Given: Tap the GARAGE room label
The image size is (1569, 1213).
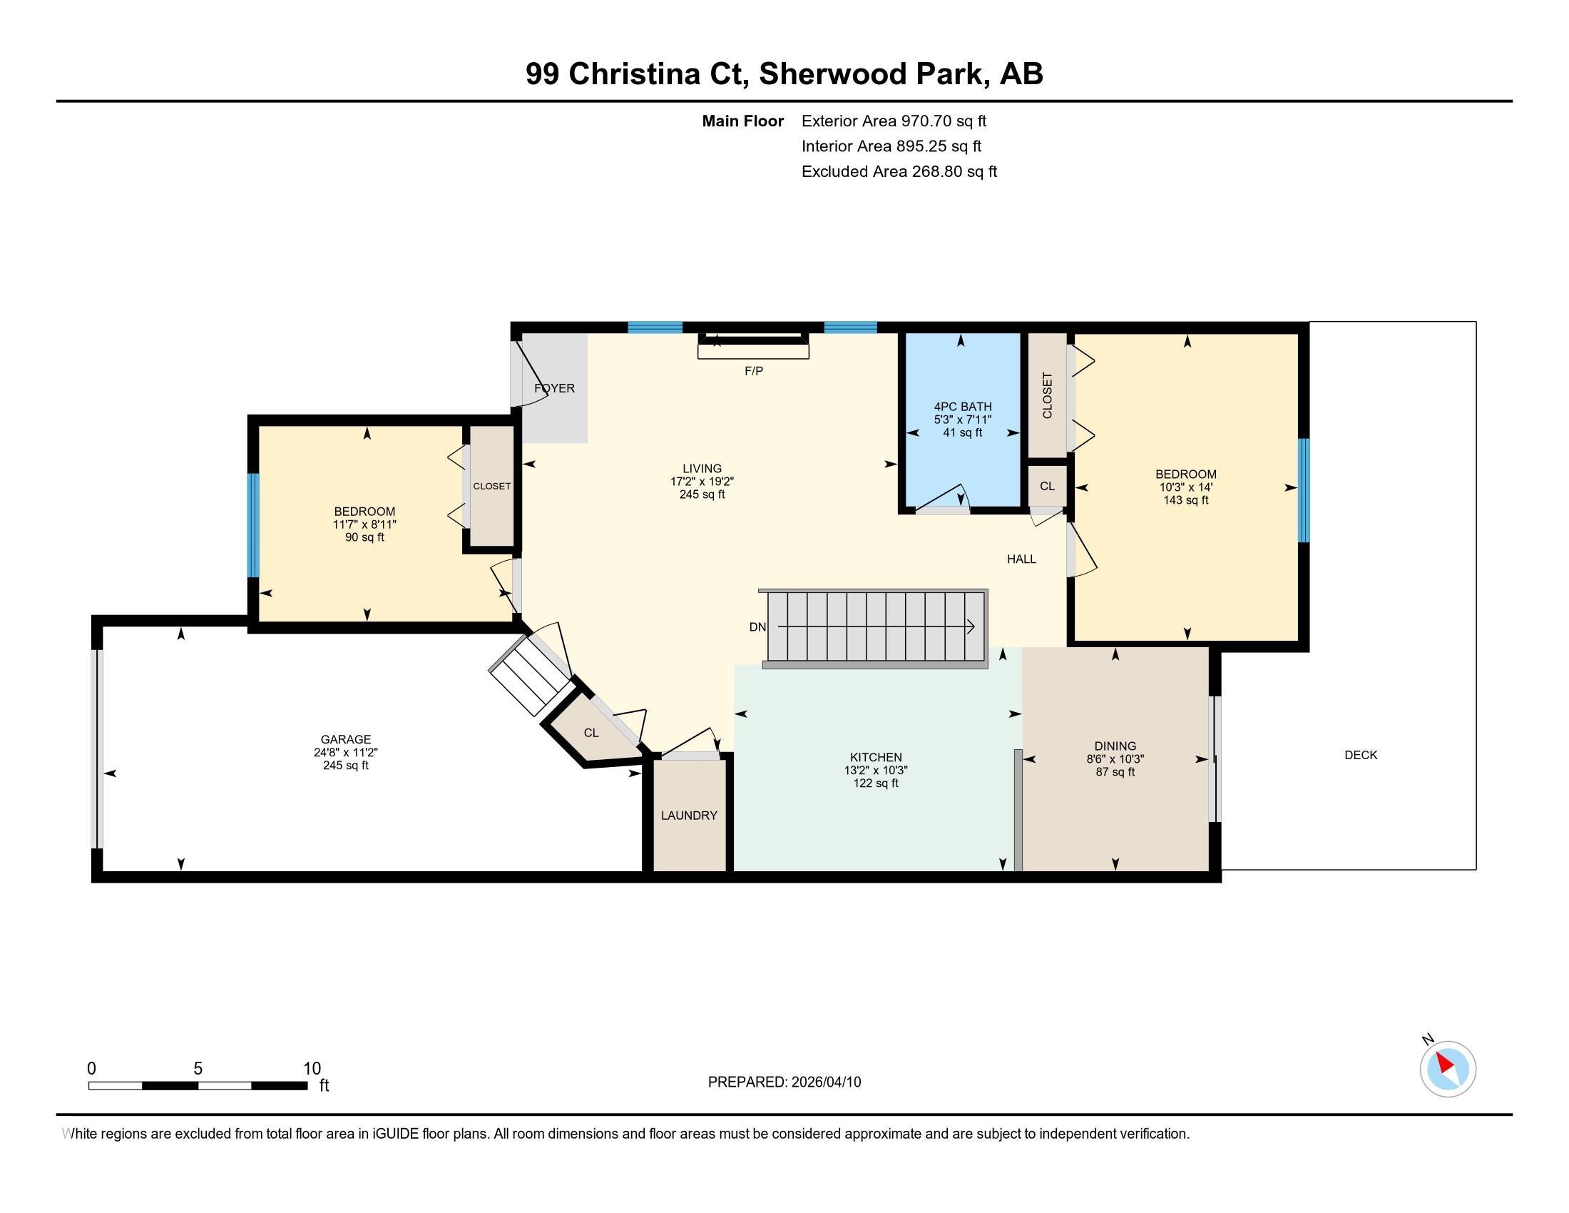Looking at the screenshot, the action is (x=346, y=739).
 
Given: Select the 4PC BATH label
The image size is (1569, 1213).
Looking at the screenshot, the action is (x=963, y=407).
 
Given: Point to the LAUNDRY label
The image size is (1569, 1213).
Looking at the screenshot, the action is (x=689, y=816).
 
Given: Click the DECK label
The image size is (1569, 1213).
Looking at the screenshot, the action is (x=1361, y=754).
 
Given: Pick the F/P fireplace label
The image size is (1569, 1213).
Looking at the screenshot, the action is (x=754, y=371).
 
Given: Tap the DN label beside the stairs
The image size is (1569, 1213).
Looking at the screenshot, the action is (x=757, y=626).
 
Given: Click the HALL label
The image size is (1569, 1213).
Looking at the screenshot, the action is (x=1021, y=559).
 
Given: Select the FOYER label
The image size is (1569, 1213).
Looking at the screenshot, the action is (x=555, y=388).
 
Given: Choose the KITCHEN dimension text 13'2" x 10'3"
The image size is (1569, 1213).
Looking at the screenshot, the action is (x=876, y=771).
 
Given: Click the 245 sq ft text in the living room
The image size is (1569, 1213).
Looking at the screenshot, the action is (x=702, y=494).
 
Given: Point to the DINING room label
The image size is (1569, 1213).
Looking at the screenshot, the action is (x=1115, y=746).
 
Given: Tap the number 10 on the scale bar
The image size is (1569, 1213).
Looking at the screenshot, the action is (x=312, y=1069).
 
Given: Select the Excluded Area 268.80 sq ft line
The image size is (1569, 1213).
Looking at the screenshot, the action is (x=899, y=172).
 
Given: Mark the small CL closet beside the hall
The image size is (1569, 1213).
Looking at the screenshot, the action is (x=1048, y=487).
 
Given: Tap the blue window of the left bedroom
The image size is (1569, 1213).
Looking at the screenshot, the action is (x=253, y=525).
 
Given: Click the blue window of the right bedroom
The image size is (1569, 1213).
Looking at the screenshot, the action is (x=1303, y=490).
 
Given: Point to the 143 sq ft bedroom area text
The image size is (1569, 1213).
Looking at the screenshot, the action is (x=1186, y=500).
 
